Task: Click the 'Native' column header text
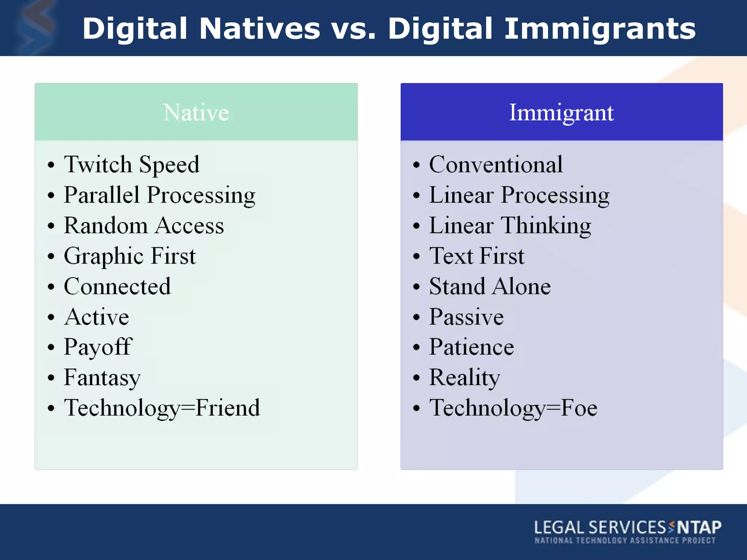coord(196,112)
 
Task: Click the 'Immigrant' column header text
coord(561,112)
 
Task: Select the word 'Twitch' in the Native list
coord(98,164)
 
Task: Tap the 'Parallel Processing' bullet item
coord(159,195)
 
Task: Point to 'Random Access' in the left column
coord(144,225)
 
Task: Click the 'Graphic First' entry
coord(130,256)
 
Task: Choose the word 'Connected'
coord(117,286)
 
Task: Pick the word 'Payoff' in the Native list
coord(98,347)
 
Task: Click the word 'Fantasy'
coord(102,377)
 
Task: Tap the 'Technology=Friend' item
coord(162,408)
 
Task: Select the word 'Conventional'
coord(496,164)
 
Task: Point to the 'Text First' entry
coord(477,256)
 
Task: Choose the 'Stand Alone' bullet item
coord(490,286)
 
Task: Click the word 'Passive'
coord(467,316)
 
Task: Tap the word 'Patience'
coord(472,347)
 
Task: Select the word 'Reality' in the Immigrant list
coord(465,377)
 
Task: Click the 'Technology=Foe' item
coord(513,408)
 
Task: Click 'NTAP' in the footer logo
coord(699,527)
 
